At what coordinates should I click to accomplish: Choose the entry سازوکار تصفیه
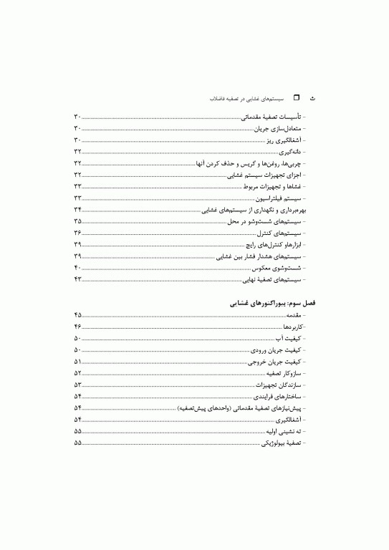283,373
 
